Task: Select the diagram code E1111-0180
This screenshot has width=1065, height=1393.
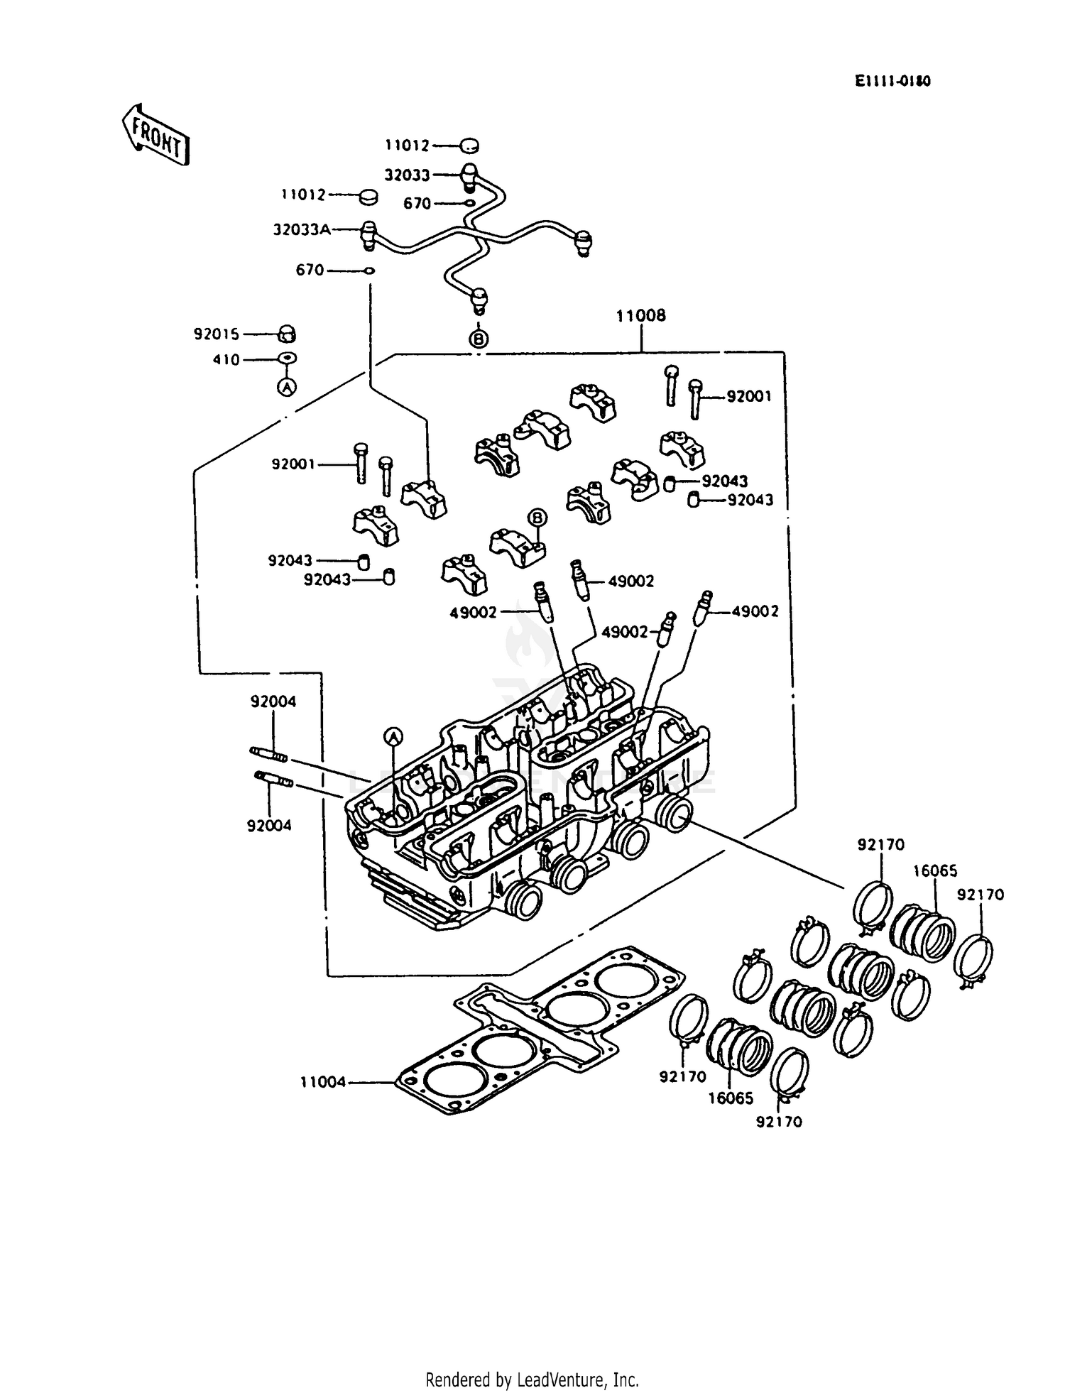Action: (892, 82)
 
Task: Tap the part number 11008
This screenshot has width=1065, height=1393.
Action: (640, 316)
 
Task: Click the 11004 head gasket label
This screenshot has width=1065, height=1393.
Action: (323, 1082)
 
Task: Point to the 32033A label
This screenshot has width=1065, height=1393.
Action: (302, 230)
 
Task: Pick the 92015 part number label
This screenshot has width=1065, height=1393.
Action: (217, 334)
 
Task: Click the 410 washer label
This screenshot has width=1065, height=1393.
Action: (226, 360)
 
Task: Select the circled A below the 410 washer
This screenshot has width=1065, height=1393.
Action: (286, 387)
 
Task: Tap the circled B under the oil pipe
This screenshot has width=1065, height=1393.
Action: (479, 339)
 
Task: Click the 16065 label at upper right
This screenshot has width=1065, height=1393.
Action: (934, 871)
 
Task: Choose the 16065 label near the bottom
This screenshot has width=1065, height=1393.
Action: (731, 1098)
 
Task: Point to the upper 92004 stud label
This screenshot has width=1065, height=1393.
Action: (273, 701)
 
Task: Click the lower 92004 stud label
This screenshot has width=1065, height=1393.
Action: (269, 826)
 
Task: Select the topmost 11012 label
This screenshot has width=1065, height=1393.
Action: (408, 146)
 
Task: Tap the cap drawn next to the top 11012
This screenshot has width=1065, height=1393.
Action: (469, 146)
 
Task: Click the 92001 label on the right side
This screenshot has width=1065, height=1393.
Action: (748, 397)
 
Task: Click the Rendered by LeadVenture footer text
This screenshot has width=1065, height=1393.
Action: (532, 1380)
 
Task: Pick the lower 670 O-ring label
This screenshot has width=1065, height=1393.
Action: (310, 271)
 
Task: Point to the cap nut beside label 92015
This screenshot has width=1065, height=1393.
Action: (286, 334)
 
